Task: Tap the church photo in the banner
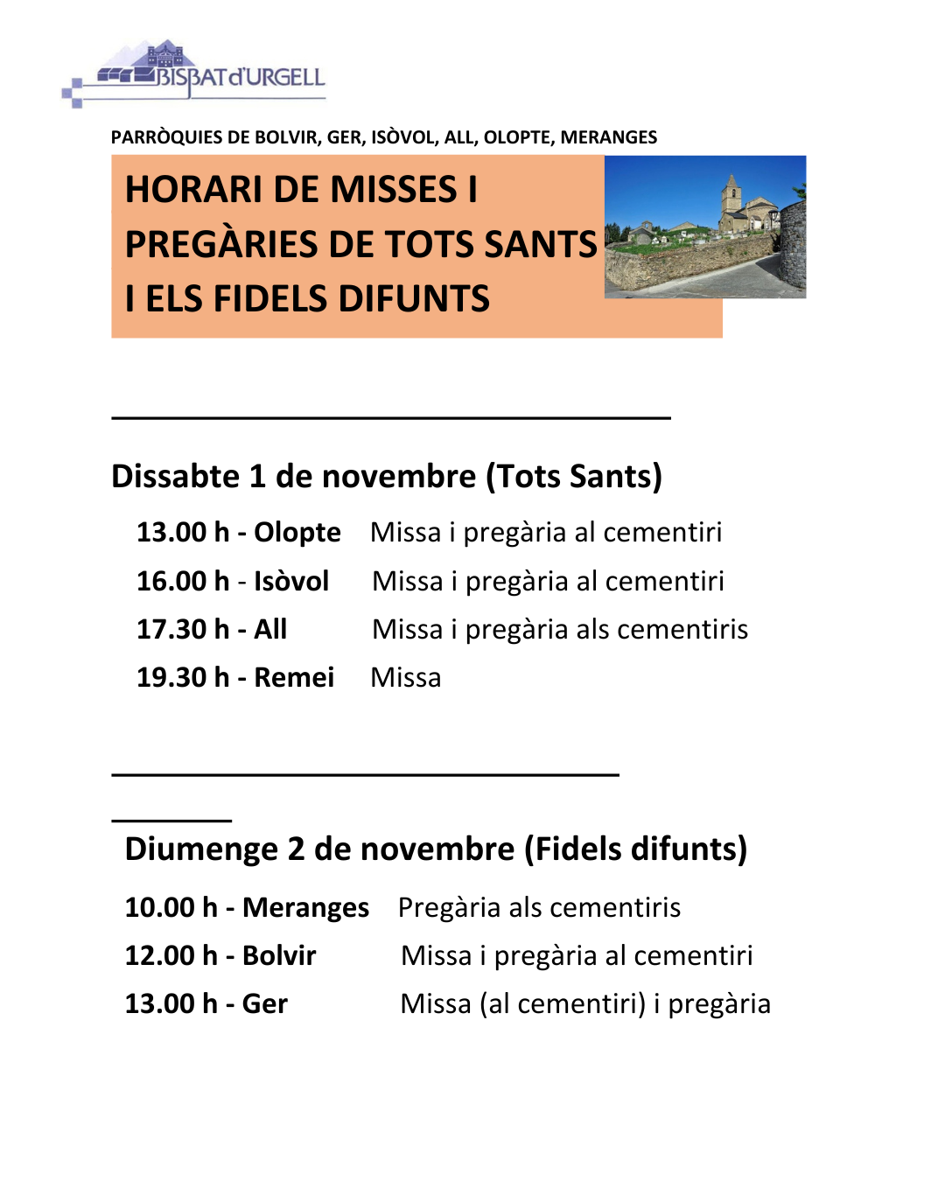(705, 227)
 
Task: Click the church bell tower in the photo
(731, 197)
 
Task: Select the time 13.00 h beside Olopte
(182, 532)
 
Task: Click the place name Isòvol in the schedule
(291, 581)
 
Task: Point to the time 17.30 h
(182, 629)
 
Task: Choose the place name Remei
(294, 677)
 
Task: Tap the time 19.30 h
(182, 677)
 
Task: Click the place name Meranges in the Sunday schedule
(305, 907)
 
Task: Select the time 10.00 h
(171, 907)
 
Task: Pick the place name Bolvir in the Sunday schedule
(279, 955)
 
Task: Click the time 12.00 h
(171, 955)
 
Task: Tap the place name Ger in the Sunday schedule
(264, 1003)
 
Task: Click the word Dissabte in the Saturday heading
(175, 477)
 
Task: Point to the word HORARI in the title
(193, 190)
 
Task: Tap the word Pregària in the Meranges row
(449, 907)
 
